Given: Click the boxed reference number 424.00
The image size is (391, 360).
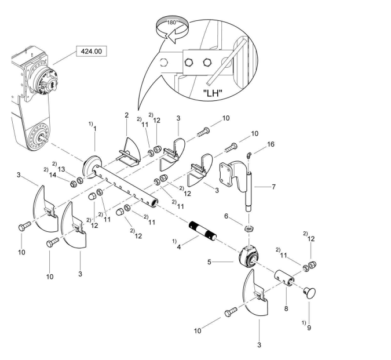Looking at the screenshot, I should click(93, 52).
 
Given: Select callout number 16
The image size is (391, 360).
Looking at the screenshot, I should click(271, 144).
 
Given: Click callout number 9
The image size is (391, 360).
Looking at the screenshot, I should click(309, 327).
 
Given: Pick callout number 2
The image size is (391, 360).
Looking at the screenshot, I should click(126, 115).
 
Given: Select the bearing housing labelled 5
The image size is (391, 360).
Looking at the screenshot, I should click(250, 256).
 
